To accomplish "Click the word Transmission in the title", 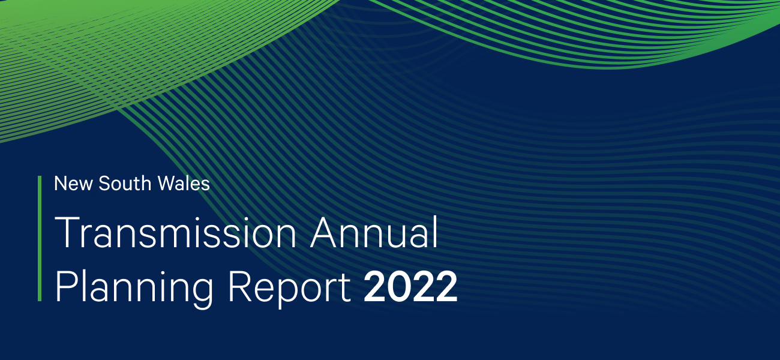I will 175,234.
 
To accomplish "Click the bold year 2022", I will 410,288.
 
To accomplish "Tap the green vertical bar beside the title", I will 40,238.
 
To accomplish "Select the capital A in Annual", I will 324,234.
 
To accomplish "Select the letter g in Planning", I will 201,293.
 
